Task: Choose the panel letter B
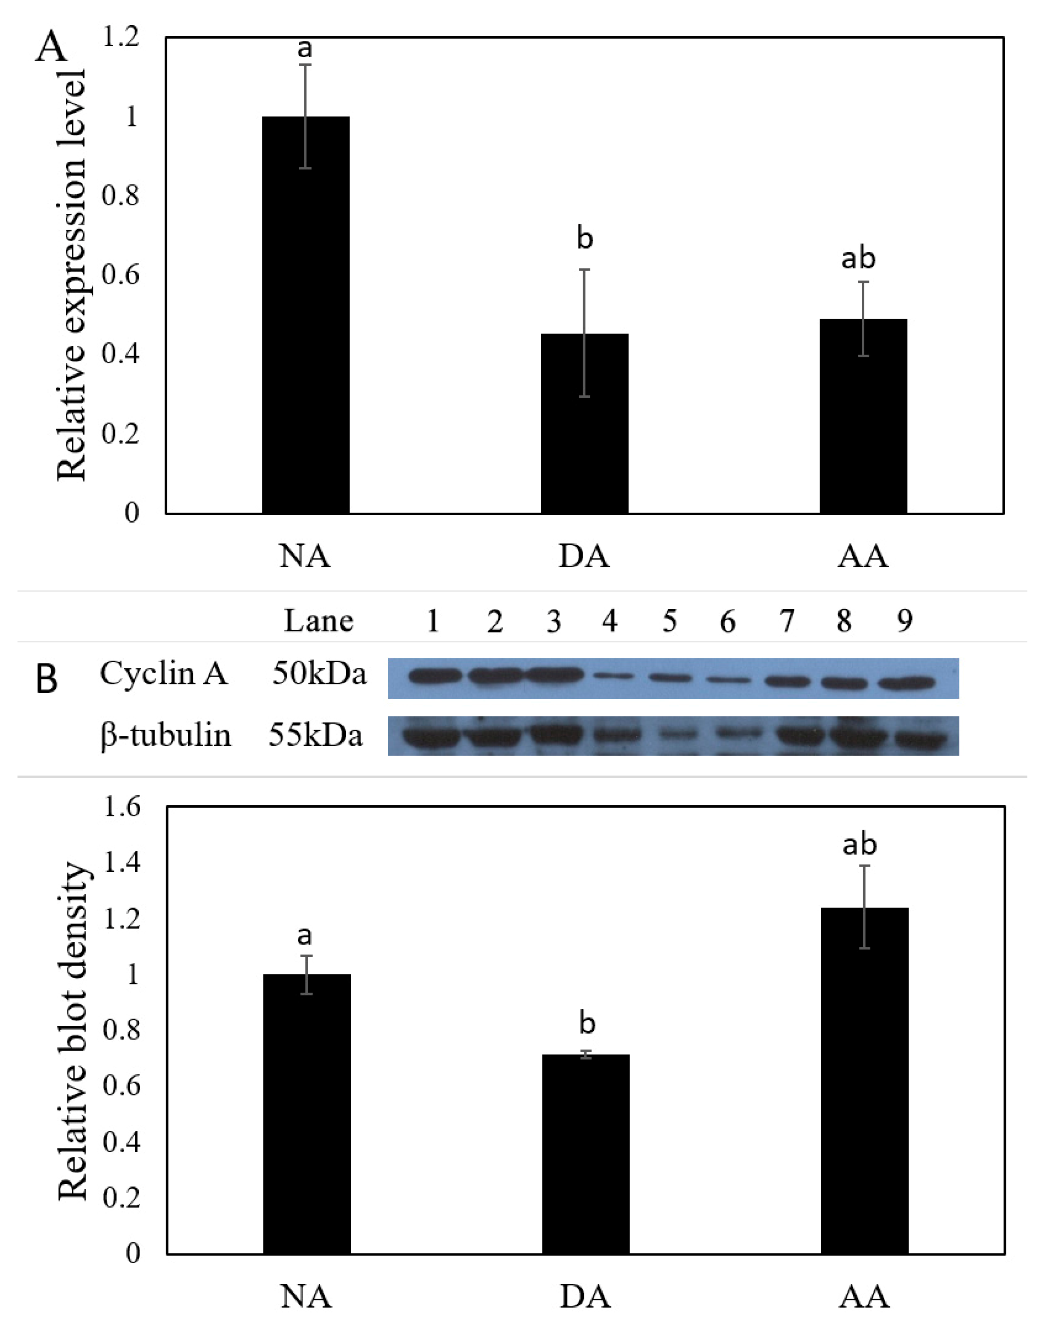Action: tap(47, 679)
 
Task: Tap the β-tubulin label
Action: tap(166, 735)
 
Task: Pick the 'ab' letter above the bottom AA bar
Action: tap(860, 845)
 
